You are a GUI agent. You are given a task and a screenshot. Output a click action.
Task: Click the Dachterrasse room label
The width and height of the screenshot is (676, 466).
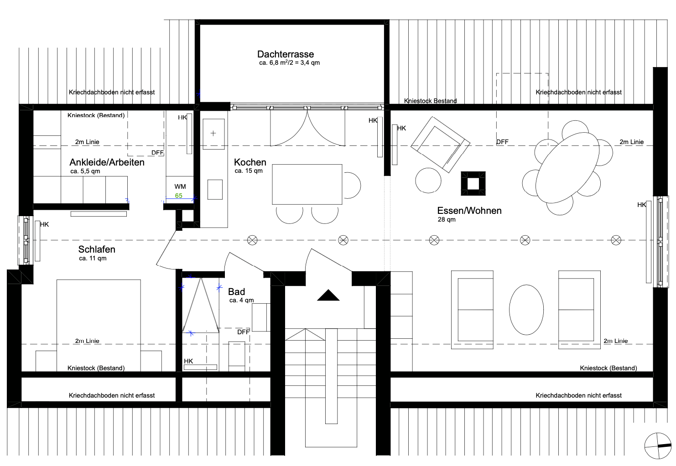point(286,54)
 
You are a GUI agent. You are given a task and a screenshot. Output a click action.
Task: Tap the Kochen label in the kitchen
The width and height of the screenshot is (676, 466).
point(250,162)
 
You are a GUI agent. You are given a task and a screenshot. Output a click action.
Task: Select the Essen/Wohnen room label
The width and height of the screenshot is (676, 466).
point(469,211)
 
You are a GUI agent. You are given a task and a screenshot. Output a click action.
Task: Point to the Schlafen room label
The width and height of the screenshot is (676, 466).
point(97,249)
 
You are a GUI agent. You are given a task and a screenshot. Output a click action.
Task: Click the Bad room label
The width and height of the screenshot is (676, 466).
point(236,292)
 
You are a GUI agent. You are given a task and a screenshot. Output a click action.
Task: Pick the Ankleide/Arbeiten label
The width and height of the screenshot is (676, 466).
point(107,162)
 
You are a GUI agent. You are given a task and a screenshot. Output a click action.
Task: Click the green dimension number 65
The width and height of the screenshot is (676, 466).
point(179,196)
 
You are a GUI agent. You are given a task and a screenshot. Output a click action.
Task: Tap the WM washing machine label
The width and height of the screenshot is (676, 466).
point(180,186)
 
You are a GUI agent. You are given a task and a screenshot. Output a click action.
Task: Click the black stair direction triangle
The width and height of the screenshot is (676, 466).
point(328,295)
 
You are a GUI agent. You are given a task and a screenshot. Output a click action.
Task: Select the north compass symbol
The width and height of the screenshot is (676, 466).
point(658,445)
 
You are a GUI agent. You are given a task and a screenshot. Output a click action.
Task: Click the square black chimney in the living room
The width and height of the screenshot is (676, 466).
point(473,184)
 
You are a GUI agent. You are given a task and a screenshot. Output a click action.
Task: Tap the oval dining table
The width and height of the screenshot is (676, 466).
point(567,168)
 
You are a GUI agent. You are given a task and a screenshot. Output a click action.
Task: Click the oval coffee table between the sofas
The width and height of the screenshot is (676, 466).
point(526,310)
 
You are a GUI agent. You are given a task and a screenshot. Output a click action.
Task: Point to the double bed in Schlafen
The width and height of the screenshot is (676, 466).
point(99,326)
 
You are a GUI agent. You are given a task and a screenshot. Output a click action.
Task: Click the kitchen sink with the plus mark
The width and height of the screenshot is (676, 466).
point(213,134)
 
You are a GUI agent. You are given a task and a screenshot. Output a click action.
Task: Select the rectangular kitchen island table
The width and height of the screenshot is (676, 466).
point(307,184)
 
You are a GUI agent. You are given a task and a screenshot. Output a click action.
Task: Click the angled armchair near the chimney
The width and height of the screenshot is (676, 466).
point(441,145)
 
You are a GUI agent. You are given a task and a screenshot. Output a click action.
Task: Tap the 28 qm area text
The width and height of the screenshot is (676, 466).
point(447,220)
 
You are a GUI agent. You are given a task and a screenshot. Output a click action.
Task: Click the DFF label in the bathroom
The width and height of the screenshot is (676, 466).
point(243,332)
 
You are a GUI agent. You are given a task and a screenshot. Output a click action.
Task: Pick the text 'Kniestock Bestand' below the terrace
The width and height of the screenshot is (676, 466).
point(430,101)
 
